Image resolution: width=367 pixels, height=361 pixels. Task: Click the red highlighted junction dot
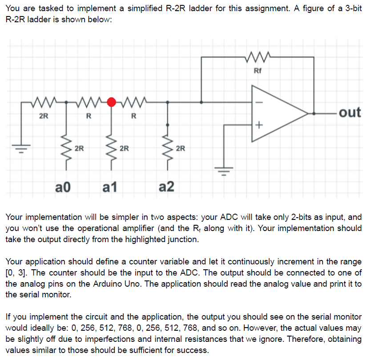(x=113, y=102)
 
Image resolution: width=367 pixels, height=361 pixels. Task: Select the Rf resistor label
(x=258, y=71)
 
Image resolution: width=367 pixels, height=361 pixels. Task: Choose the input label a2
(x=166, y=187)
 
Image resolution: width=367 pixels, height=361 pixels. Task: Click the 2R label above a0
(x=80, y=148)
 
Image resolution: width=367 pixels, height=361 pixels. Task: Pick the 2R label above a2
(x=181, y=148)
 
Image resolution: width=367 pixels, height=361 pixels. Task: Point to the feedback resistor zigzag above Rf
(x=258, y=57)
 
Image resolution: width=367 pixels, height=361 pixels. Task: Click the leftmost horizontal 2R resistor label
(x=44, y=117)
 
